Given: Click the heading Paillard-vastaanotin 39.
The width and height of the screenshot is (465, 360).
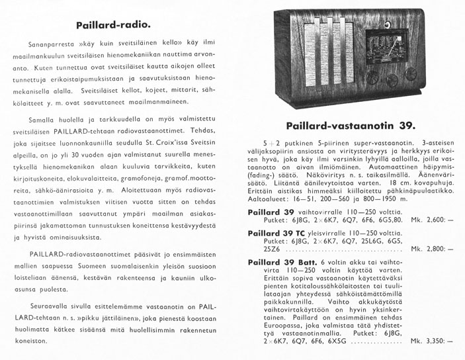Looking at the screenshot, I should (351, 126).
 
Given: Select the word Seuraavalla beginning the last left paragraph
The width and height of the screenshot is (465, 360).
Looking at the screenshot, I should (53, 307).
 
